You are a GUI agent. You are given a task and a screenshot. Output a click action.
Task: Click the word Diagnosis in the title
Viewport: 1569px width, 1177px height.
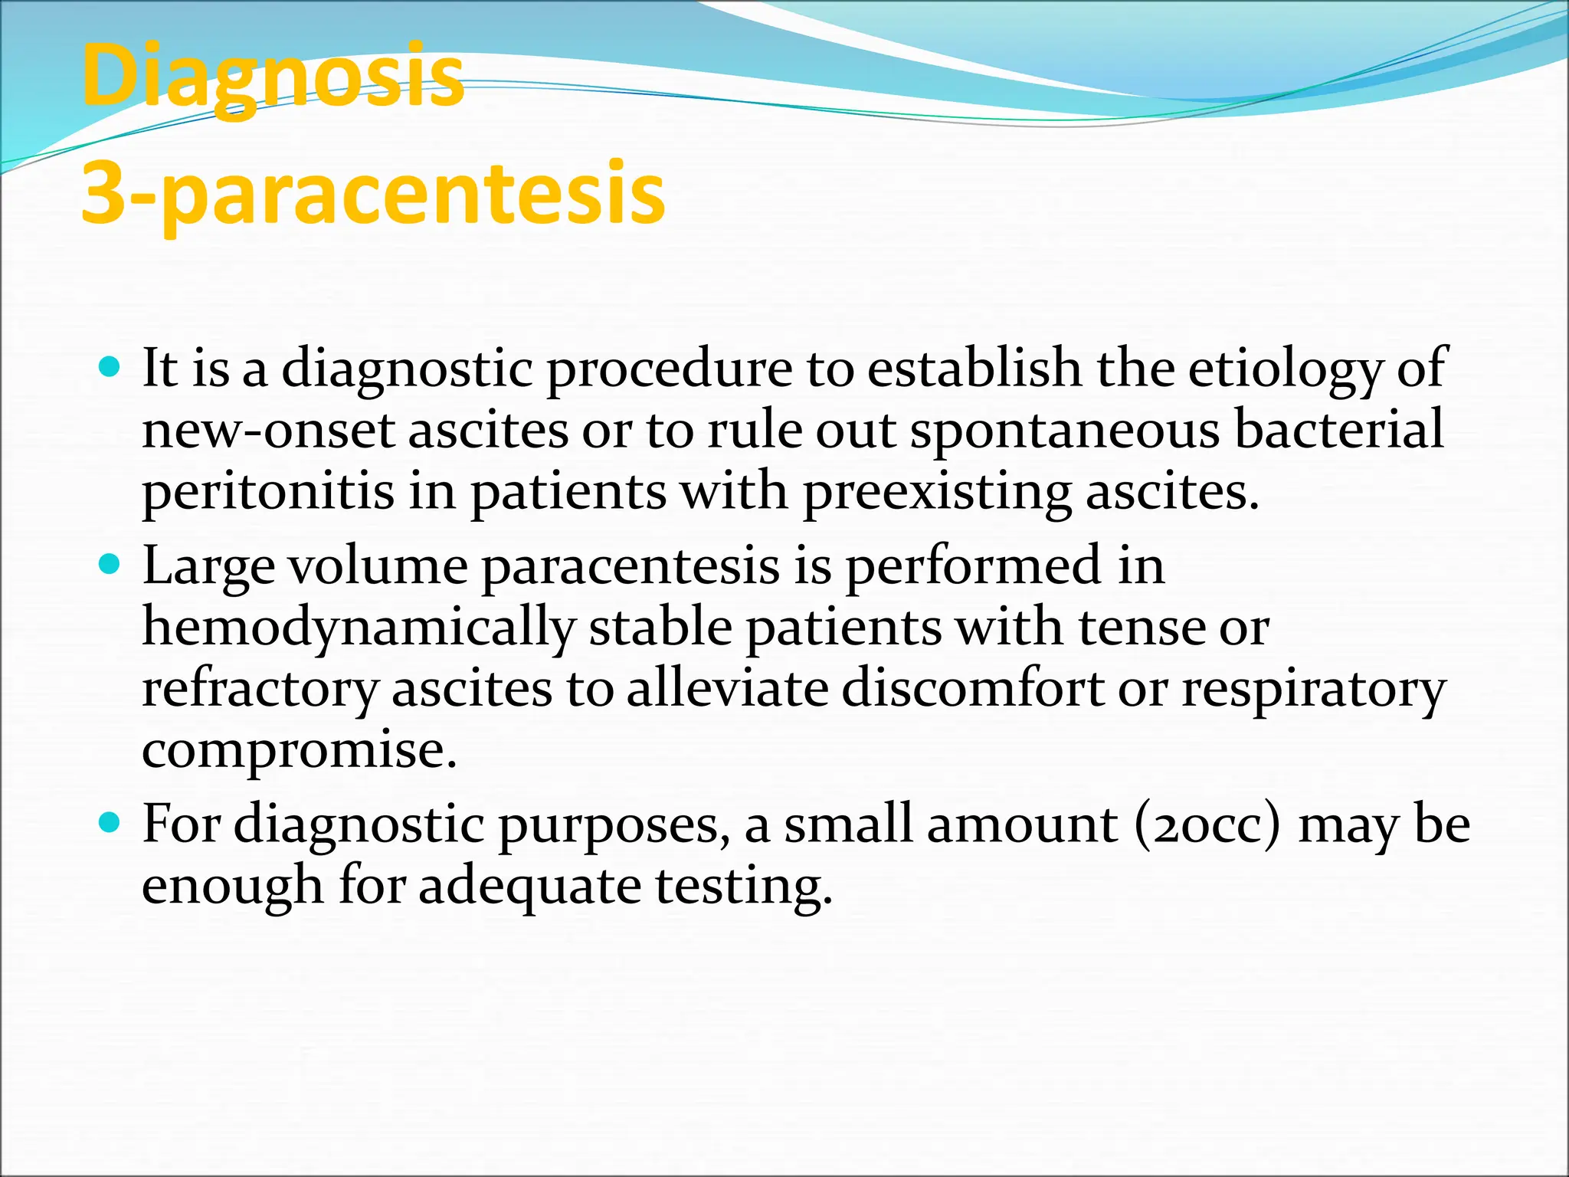(273, 77)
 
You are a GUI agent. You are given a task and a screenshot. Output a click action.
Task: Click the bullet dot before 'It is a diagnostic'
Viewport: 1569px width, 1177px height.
(110, 369)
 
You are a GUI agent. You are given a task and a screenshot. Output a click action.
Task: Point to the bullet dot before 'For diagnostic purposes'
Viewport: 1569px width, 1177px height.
(110, 824)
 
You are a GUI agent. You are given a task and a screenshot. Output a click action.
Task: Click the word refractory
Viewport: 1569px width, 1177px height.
(260, 689)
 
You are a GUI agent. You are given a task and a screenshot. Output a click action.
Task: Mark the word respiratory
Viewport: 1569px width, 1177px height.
(1313, 689)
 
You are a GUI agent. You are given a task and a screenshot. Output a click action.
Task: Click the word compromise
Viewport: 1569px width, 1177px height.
(299, 750)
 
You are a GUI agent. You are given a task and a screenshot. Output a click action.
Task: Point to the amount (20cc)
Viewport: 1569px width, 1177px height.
(1207, 825)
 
